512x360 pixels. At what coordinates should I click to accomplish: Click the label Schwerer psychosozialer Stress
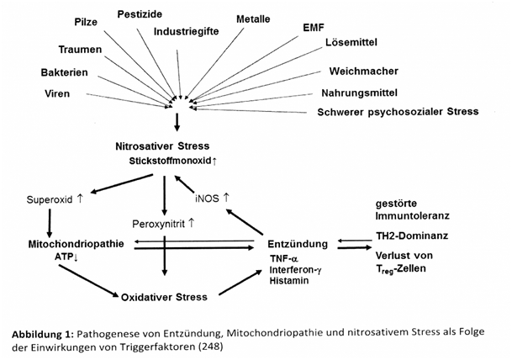click(x=397, y=111)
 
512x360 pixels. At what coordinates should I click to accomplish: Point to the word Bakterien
click(x=64, y=72)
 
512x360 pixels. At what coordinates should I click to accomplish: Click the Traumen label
click(x=80, y=50)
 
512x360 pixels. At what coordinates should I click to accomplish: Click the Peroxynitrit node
click(x=164, y=224)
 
